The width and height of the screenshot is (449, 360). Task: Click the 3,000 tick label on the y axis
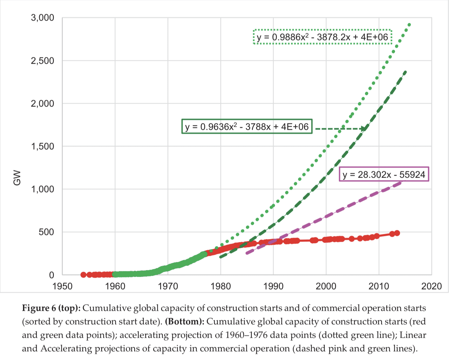[43, 18]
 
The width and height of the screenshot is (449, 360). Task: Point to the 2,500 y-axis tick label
[43, 61]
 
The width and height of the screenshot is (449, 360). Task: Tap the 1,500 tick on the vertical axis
[43, 146]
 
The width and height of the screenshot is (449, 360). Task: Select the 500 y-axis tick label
[47, 232]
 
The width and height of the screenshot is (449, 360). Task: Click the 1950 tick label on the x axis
[62, 286]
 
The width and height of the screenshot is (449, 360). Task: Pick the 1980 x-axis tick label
[221, 286]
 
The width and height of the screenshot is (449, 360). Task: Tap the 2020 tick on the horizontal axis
[431, 286]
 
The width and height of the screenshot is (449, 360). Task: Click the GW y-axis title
[17, 178]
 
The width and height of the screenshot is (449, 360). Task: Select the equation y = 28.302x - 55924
[384, 174]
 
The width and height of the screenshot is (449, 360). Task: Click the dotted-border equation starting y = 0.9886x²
[322, 37]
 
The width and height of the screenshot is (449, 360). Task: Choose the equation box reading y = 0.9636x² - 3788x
[247, 126]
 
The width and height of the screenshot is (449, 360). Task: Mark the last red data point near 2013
[397, 233]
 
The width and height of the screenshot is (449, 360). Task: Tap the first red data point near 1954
[83, 275]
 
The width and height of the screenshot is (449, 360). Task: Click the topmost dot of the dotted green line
[409, 25]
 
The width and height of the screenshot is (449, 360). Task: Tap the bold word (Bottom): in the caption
[185, 322]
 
